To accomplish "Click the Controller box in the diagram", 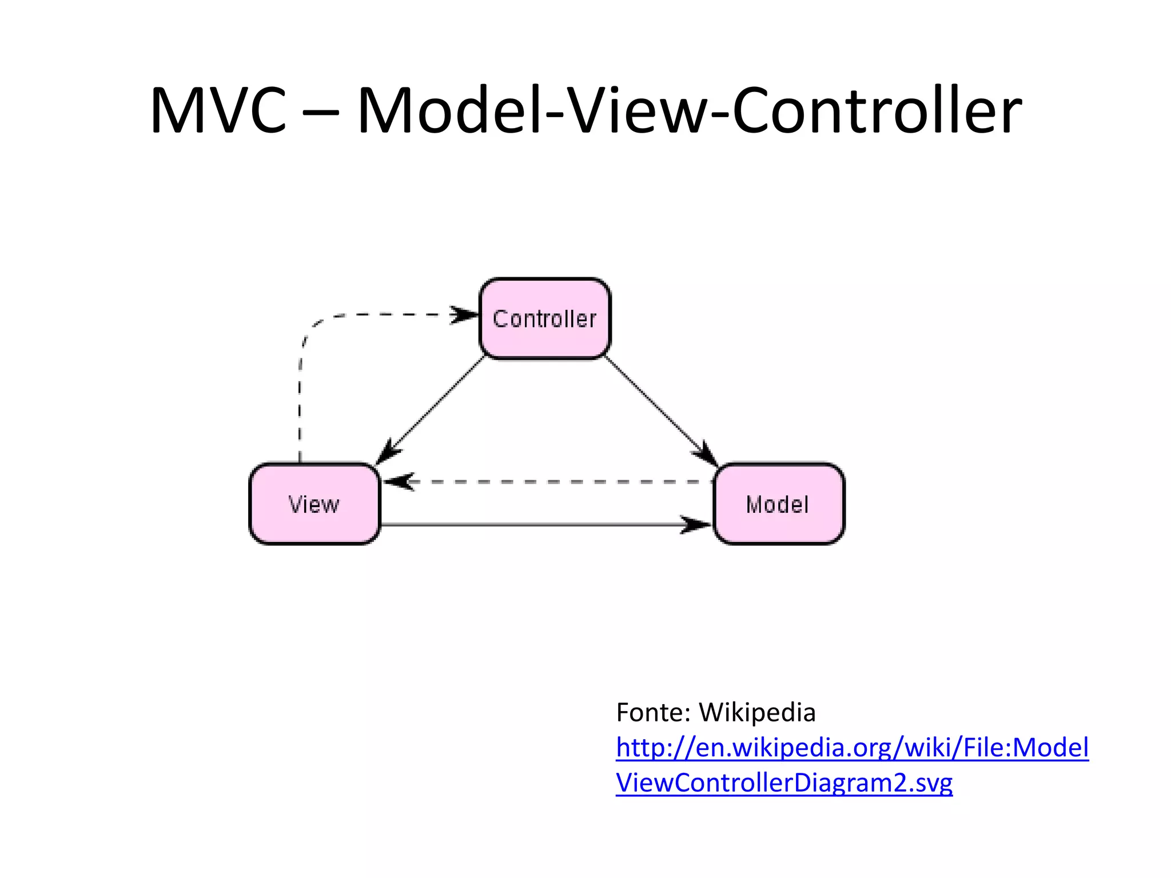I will point(545,318).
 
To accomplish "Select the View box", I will point(314,504).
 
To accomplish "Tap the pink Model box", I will point(778,504).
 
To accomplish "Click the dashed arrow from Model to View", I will point(549,482).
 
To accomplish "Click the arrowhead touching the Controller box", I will point(464,314).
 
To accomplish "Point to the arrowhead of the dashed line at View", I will point(398,482).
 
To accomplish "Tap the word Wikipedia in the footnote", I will point(757,712).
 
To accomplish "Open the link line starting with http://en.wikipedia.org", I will point(852,748).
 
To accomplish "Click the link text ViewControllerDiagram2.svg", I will point(784,783).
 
